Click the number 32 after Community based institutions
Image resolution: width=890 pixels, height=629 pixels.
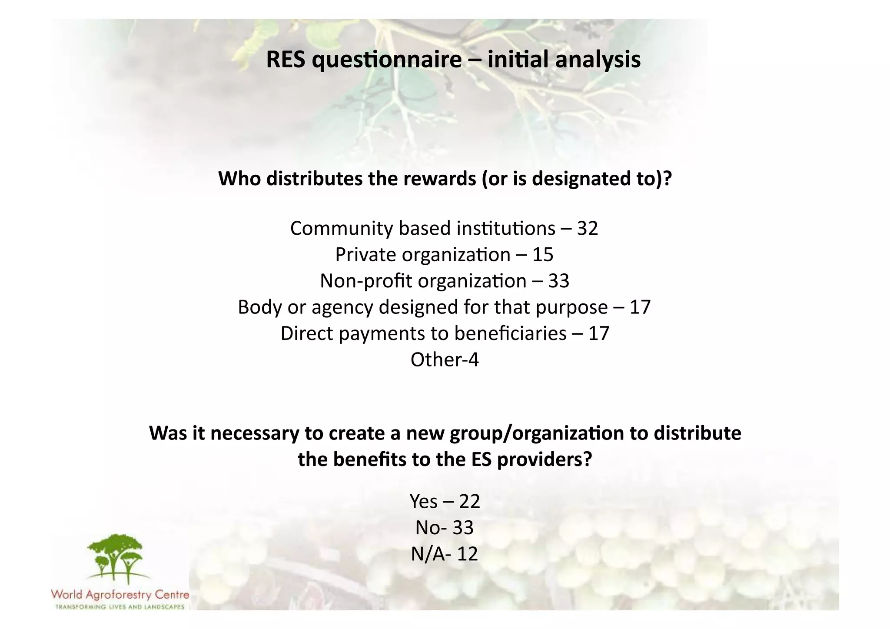(588, 229)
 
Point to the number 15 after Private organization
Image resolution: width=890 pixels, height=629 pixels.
(543, 255)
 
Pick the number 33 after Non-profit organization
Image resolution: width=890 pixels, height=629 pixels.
(558, 281)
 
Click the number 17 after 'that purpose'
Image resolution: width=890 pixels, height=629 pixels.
(640, 307)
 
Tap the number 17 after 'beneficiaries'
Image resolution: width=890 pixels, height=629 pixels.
(599, 333)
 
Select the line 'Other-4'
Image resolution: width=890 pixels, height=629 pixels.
(445, 360)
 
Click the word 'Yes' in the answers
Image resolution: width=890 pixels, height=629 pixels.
(423, 502)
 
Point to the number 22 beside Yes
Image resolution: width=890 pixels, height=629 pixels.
(469, 502)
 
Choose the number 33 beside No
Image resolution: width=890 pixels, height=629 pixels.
(463, 528)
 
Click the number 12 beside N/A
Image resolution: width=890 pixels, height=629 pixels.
(467, 554)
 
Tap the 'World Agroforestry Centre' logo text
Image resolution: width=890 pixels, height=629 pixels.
(120, 594)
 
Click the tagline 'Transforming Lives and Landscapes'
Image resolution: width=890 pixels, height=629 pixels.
(120, 607)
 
